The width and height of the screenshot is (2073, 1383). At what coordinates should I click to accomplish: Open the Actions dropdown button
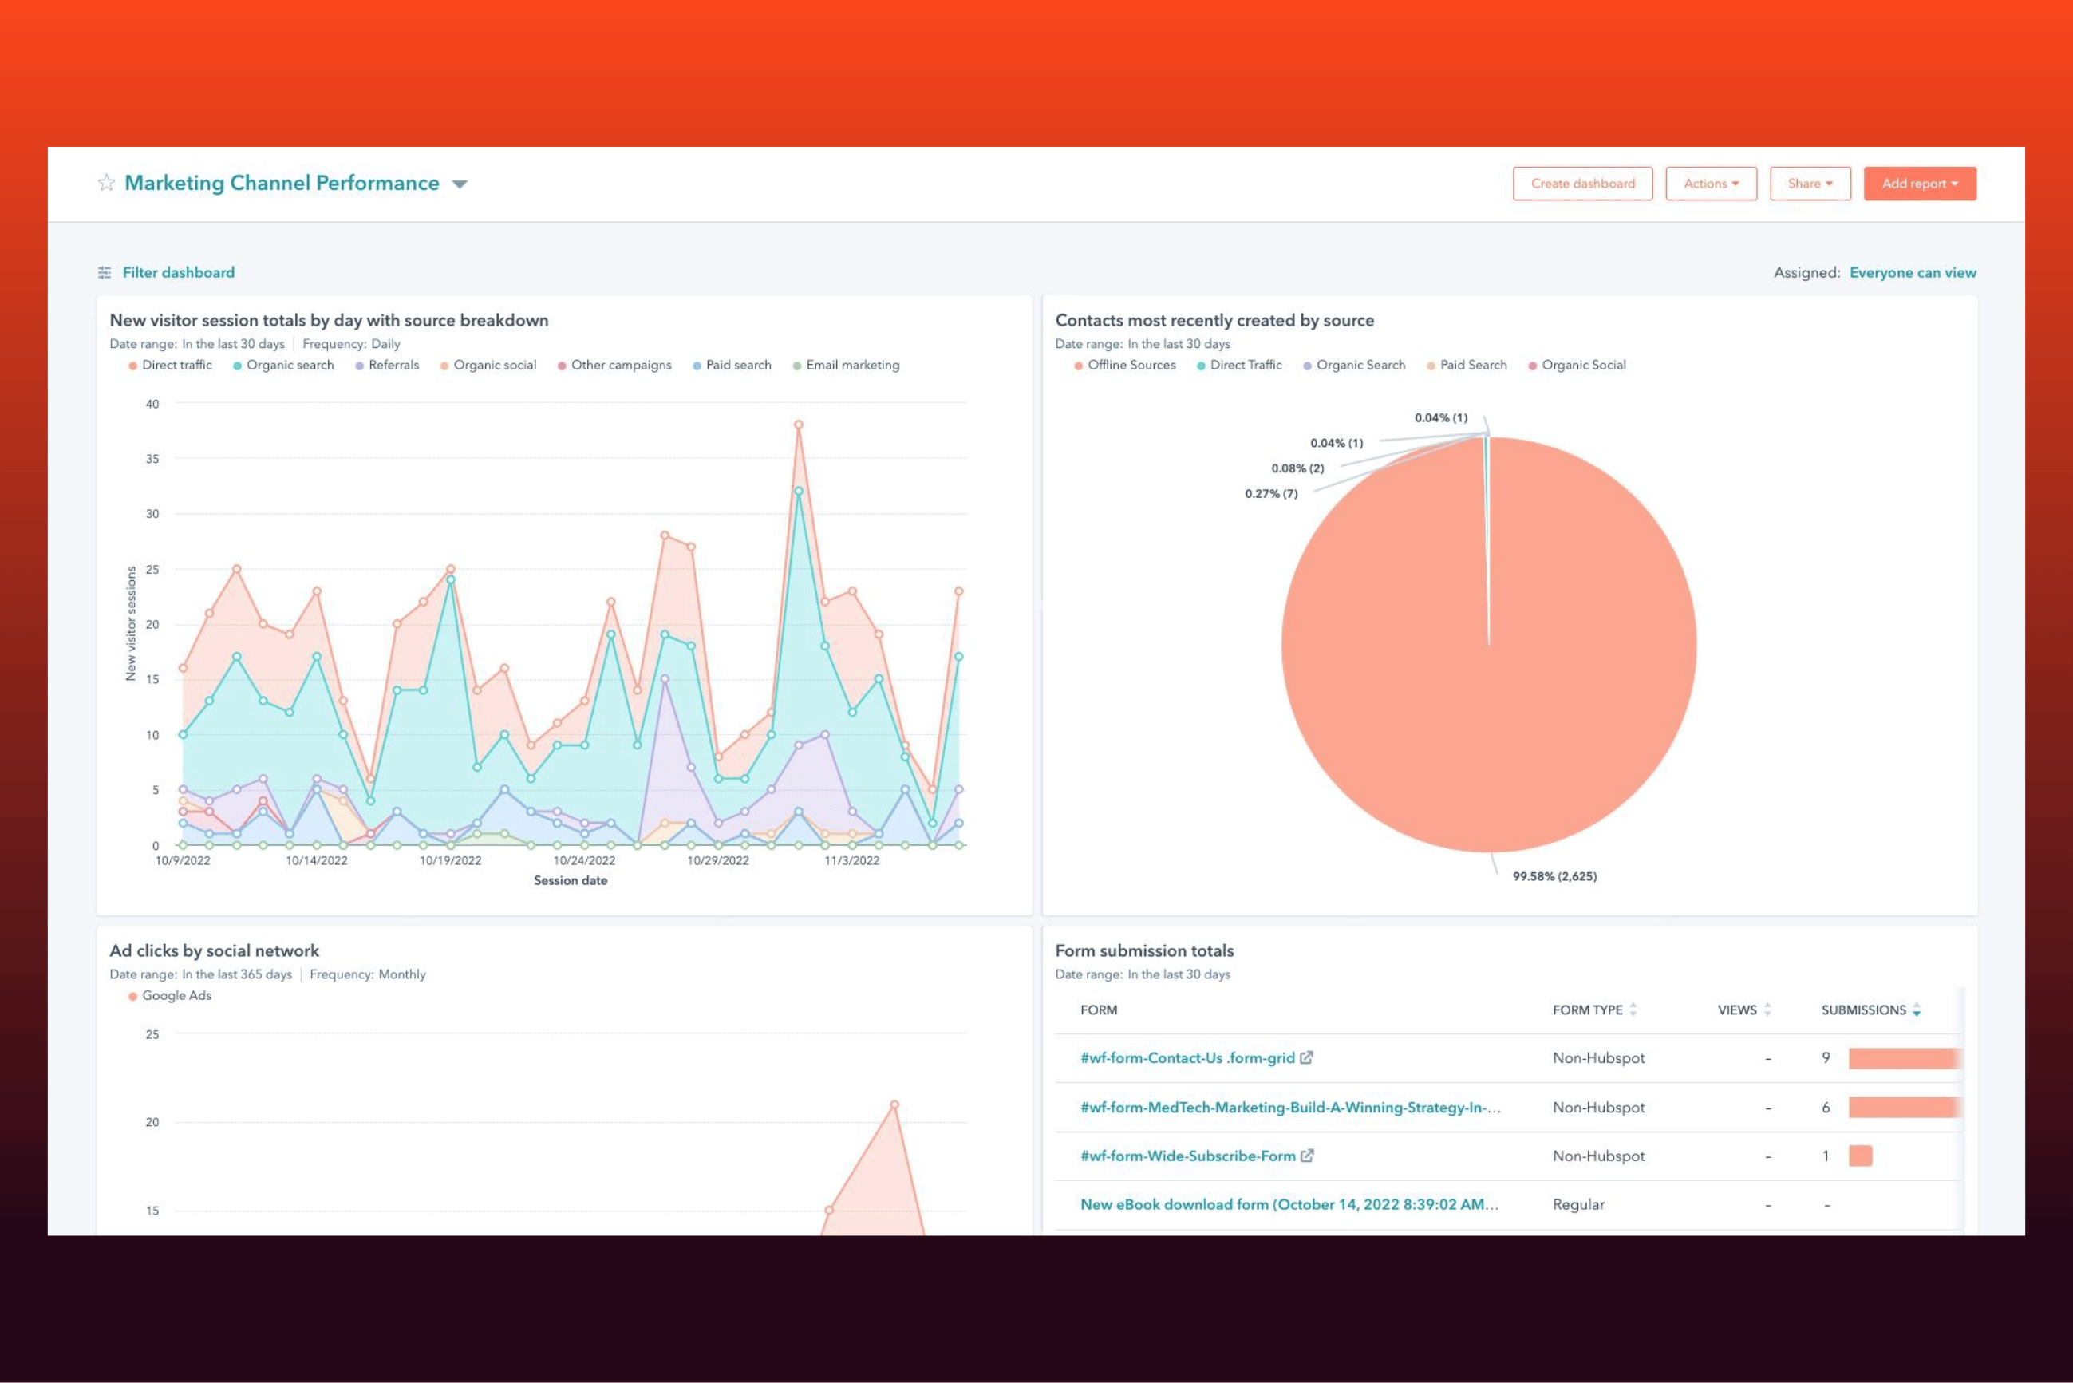pyautogui.click(x=1711, y=184)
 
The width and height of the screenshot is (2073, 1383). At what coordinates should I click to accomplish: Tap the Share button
pyautogui.click(x=1810, y=184)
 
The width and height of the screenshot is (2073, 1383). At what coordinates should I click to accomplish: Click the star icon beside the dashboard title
pyautogui.click(x=107, y=183)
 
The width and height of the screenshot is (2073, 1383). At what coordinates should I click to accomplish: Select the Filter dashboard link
pyautogui.click(x=178, y=273)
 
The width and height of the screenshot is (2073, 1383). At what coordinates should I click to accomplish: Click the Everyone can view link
pyautogui.click(x=1913, y=273)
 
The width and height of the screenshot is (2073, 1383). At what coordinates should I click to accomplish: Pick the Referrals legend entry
pyautogui.click(x=387, y=366)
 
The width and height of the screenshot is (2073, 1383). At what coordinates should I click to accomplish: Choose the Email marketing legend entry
pyautogui.click(x=846, y=366)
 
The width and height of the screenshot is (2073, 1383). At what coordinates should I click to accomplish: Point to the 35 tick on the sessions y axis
pyautogui.click(x=152, y=459)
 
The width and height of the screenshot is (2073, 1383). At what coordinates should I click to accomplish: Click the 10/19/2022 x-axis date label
pyautogui.click(x=451, y=861)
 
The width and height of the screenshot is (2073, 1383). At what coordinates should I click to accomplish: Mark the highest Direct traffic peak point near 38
pyautogui.click(x=798, y=425)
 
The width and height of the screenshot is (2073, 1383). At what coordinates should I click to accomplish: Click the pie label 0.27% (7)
pyautogui.click(x=1270, y=494)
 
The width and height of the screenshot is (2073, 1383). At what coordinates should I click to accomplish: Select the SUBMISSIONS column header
pyautogui.click(x=1863, y=1010)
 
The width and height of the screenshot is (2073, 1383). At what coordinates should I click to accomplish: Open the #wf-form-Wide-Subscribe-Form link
pyautogui.click(x=1188, y=1156)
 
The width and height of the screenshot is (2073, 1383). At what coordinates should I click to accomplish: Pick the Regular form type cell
pyautogui.click(x=1578, y=1205)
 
